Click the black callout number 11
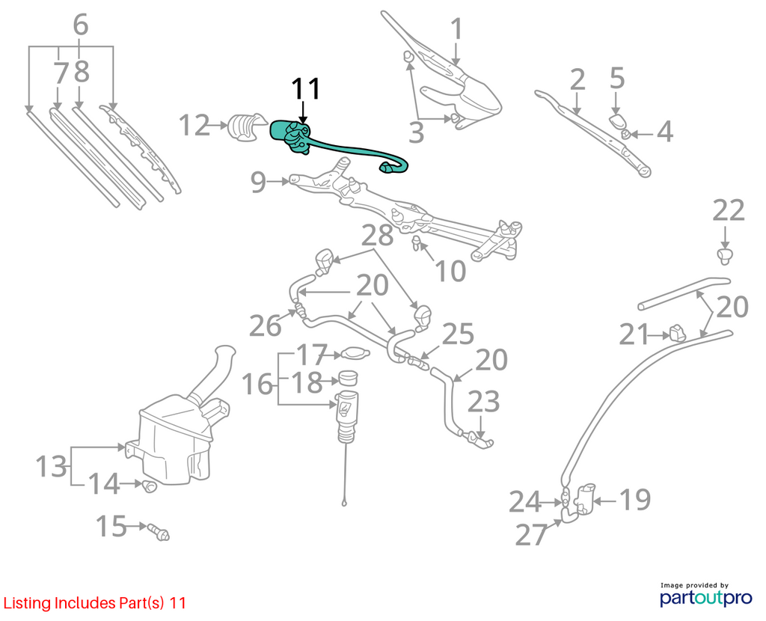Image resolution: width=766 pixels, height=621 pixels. [x=305, y=89]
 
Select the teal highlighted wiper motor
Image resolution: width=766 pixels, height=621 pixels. [x=293, y=137]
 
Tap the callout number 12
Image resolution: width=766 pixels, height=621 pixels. [x=194, y=125]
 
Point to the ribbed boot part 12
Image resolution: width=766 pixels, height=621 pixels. [x=246, y=127]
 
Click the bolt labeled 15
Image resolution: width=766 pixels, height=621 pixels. [x=159, y=531]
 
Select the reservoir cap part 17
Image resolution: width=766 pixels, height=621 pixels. [x=355, y=353]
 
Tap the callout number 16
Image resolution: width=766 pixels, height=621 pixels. [x=257, y=384]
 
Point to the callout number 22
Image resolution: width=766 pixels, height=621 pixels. [x=729, y=210]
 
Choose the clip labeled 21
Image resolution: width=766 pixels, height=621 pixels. [x=678, y=332]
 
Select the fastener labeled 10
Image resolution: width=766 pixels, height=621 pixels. [x=417, y=242]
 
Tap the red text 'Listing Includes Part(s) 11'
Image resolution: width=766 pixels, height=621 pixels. [x=95, y=603]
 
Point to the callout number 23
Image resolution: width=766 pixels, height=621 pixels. [x=484, y=401]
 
